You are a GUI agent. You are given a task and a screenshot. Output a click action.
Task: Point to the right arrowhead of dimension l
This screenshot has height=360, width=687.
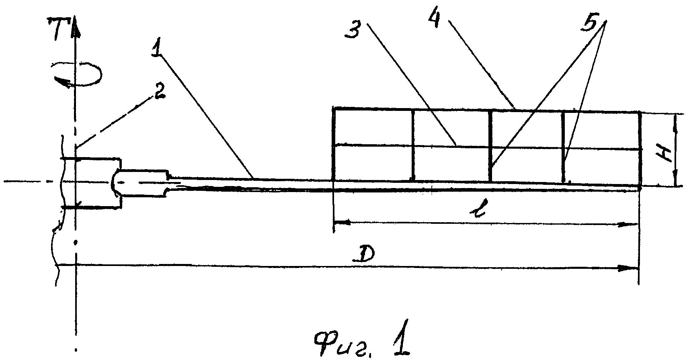point(630,224)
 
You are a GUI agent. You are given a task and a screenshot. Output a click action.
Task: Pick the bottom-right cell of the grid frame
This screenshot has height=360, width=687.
point(601,166)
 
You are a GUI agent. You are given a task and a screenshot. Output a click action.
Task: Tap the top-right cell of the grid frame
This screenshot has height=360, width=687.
point(601,131)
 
